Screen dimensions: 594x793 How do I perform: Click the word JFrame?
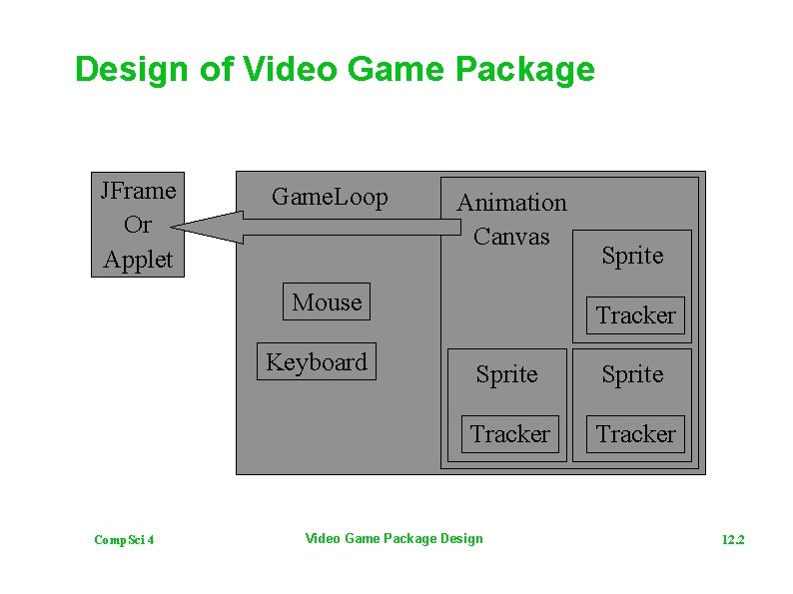point(138,190)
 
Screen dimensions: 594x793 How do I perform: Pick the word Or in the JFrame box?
point(138,225)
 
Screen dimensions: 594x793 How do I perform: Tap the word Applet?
point(138,260)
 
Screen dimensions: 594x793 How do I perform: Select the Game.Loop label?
point(330,197)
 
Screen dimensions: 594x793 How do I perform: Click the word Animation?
point(511,203)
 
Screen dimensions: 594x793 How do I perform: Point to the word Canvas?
point(511,237)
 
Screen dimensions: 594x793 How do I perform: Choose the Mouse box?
point(327,301)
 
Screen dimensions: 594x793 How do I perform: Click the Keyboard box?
point(317,361)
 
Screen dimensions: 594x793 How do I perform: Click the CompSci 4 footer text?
point(124,540)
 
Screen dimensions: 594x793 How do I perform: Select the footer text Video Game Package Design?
point(394,539)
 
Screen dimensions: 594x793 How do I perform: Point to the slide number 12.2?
point(733,540)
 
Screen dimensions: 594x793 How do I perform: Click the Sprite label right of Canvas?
point(632,256)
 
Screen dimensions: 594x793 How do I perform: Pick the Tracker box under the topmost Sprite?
point(636,315)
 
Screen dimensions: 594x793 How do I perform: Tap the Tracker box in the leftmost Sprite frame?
point(509,434)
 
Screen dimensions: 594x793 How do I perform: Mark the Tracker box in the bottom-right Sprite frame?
point(636,434)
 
